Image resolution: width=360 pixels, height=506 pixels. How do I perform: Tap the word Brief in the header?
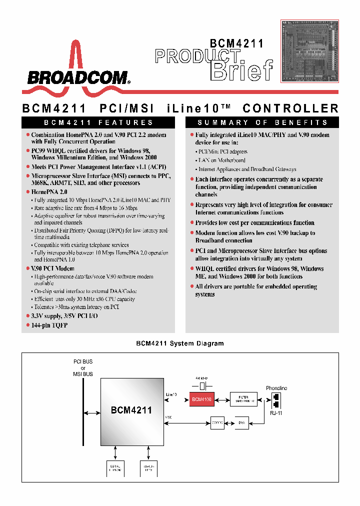pyautogui.click(x=242, y=70)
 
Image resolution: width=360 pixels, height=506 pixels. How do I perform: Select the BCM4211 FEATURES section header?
pyautogui.click(x=98, y=122)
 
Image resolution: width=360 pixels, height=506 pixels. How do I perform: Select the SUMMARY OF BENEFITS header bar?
pyautogui.click(x=262, y=122)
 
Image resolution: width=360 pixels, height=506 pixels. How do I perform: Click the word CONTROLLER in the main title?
pyautogui.click(x=290, y=108)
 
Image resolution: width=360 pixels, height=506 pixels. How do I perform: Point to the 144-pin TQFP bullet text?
pyautogui.click(x=49, y=325)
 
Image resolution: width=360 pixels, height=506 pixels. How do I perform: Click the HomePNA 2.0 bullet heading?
pyautogui.click(x=49, y=192)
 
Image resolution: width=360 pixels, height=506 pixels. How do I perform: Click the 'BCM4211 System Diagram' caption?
pyautogui.click(x=180, y=343)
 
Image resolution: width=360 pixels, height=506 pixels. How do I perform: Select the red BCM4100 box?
pyautogui.click(x=201, y=399)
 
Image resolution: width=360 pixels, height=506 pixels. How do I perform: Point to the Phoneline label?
pyautogui.click(x=276, y=388)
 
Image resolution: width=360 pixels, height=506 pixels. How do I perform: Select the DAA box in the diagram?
pyautogui.click(x=241, y=423)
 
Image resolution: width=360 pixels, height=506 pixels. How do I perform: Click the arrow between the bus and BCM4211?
pyautogui.click(x=92, y=412)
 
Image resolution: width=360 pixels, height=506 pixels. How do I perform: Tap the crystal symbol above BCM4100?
pyautogui.click(x=202, y=386)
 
